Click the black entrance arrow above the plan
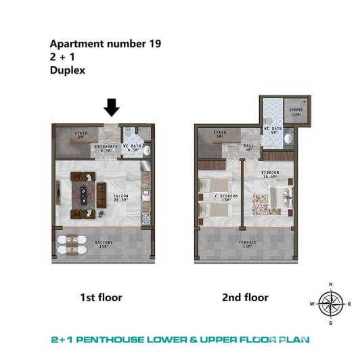pyautogui.click(x=112, y=107)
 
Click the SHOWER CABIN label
pyautogui.click(x=296, y=112)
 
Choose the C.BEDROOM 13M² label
pyautogui.click(x=223, y=198)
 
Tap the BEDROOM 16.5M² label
pyautogui.click(x=270, y=175)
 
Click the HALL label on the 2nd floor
pyautogui.click(x=248, y=148)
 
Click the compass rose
pyautogui.click(x=330, y=303)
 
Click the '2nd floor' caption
pyautogui.click(x=245, y=297)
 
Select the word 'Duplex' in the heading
pyautogui.click(x=67, y=70)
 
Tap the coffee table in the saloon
pyautogui.click(x=87, y=192)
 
